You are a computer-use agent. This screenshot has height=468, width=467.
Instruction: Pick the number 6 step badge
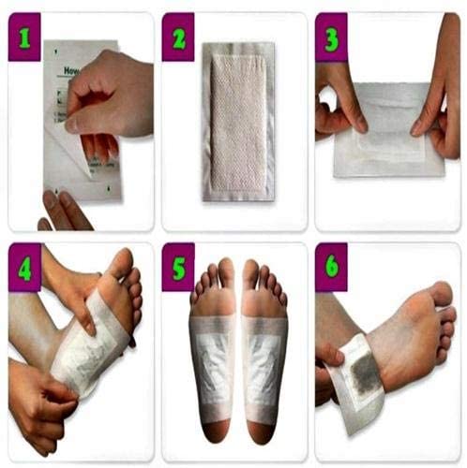(331, 268)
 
